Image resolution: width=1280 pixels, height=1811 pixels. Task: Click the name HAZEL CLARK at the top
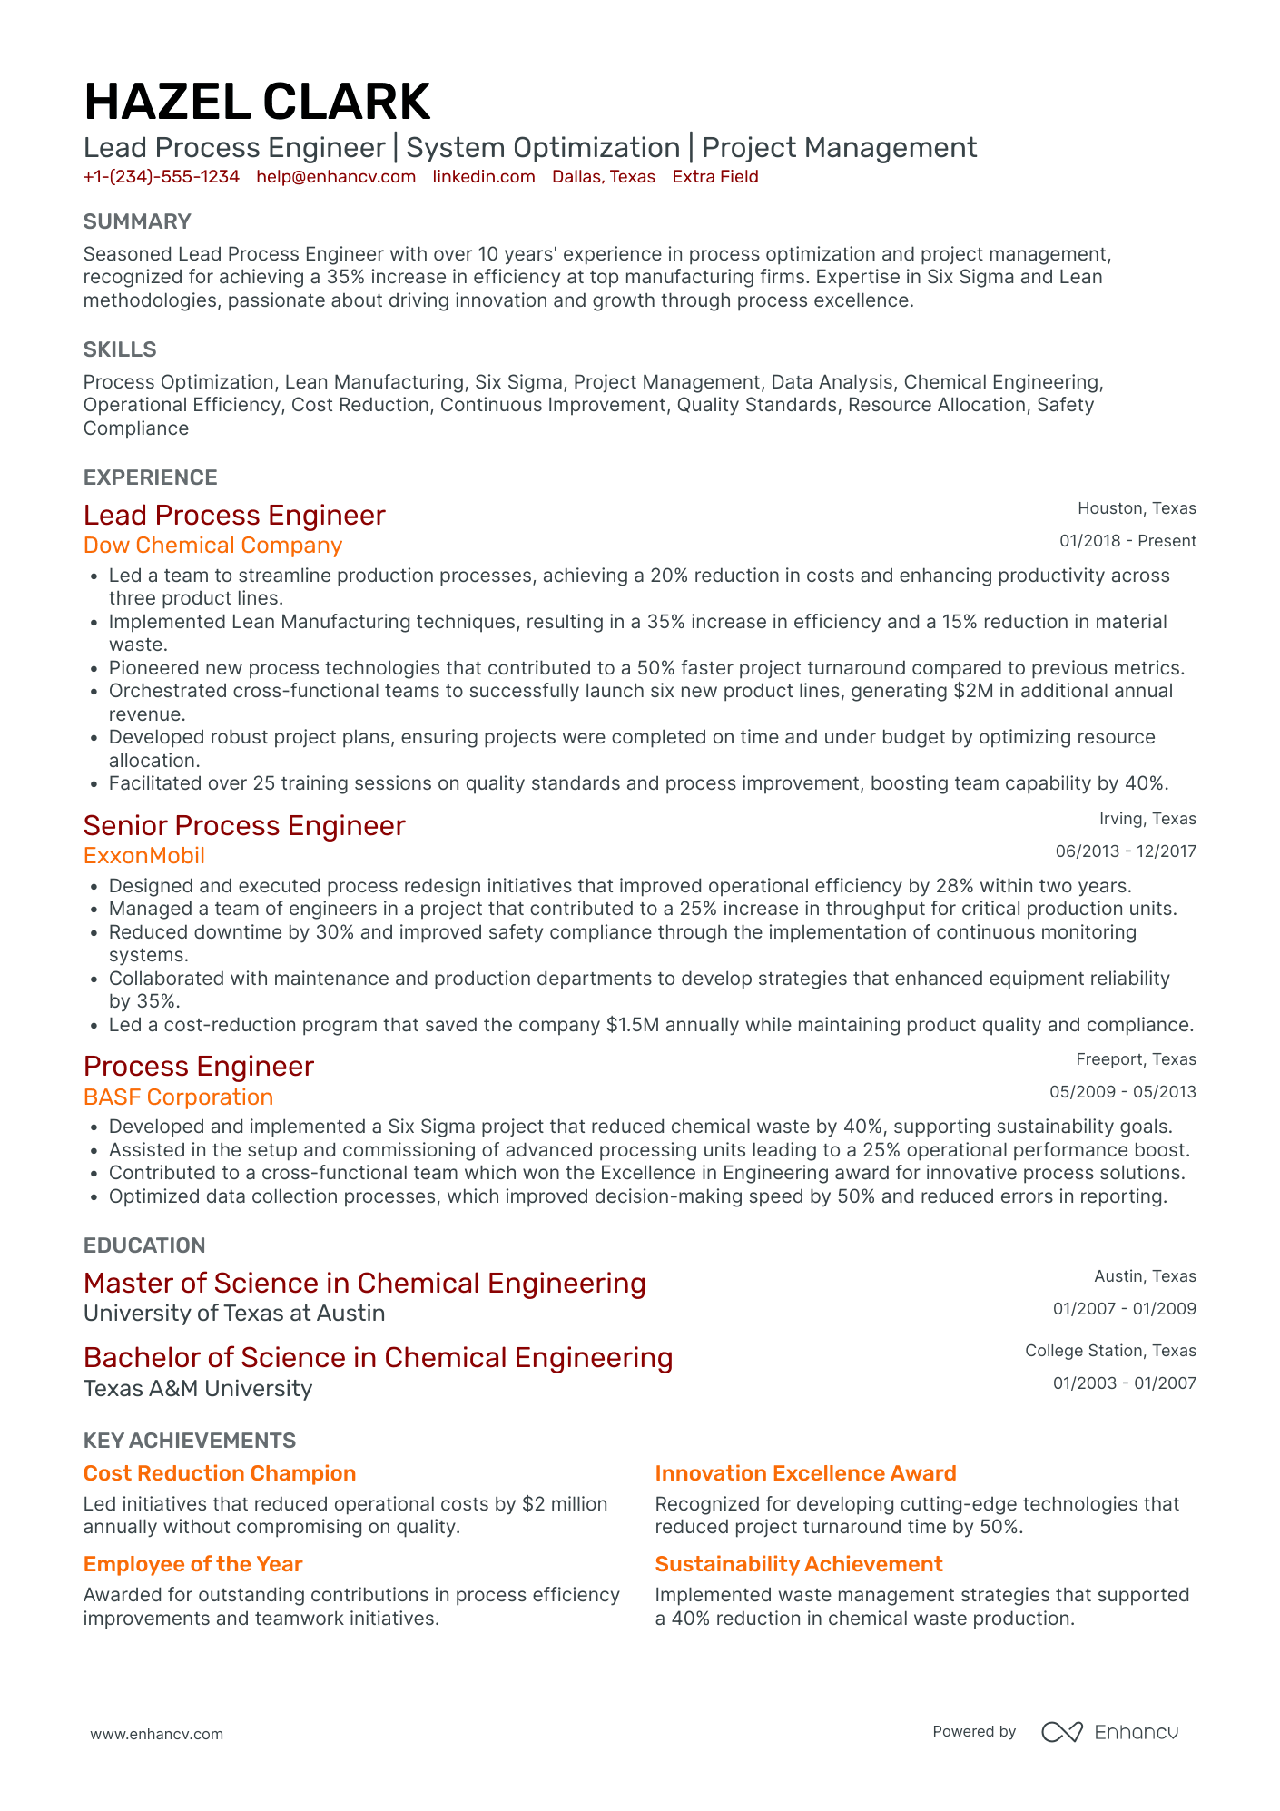pyautogui.click(x=257, y=102)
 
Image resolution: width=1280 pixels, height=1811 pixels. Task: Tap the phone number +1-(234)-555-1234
pyautogui.click(x=161, y=177)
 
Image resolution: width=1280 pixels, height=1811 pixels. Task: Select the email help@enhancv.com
pyautogui.click(x=336, y=177)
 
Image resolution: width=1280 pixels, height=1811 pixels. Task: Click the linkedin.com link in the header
pyautogui.click(x=483, y=177)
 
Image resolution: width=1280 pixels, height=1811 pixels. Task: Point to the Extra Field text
pyautogui.click(x=714, y=177)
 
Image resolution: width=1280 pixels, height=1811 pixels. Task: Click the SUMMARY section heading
pyautogui.click(x=137, y=221)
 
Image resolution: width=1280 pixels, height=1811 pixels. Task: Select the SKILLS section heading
pyautogui.click(x=120, y=349)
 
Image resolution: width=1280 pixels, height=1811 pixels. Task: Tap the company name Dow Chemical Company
pyautogui.click(x=212, y=546)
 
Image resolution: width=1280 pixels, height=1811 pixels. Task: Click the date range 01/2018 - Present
pyautogui.click(x=1127, y=541)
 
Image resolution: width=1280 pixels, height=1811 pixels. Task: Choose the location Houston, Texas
pyautogui.click(x=1137, y=508)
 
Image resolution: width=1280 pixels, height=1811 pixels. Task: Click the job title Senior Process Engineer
pyautogui.click(x=243, y=826)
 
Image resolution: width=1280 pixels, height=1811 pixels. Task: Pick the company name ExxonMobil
pyautogui.click(x=143, y=856)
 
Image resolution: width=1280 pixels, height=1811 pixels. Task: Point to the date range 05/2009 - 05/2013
pyautogui.click(x=1122, y=1092)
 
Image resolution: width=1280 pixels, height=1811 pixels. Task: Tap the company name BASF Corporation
pyautogui.click(x=178, y=1097)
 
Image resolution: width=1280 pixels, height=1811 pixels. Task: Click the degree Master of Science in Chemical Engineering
pyautogui.click(x=364, y=1284)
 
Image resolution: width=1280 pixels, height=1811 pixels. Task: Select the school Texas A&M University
pyautogui.click(x=197, y=1389)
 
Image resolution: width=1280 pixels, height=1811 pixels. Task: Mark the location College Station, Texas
pyautogui.click(x=1109, y=1351)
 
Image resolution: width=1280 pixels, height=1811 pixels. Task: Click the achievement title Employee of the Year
pyautogui.click(x=192, y=1564)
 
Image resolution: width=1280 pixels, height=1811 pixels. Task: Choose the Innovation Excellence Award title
pyautogui.click(x=805, y=1473)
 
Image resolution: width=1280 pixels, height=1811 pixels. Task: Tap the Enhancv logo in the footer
pyautogui.click(x=1109, y=1732)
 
